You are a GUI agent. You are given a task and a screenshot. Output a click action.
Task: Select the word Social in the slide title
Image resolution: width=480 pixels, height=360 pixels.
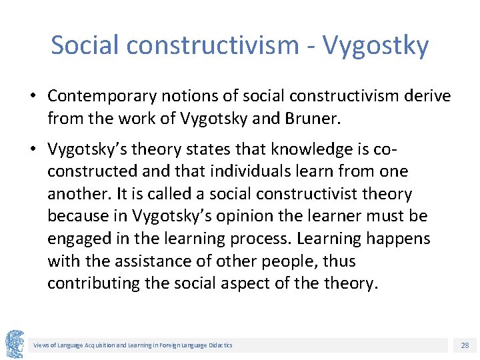[x=85, y=45]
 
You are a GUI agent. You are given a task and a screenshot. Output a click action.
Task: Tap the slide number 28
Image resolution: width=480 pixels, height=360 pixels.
[x=464, y=345]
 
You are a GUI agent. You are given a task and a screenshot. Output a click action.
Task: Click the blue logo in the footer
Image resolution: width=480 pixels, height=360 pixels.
[x=15, y=344]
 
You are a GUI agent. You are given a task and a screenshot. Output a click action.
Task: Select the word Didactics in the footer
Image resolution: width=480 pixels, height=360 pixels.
[x=220, y=345]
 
